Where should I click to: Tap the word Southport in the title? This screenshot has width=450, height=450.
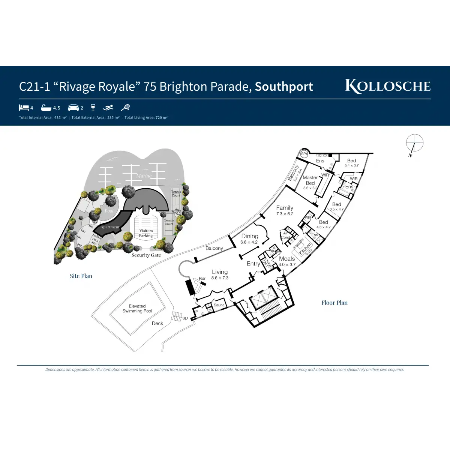[x=284, y=87]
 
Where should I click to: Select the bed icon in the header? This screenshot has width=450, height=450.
[x=24, y=108]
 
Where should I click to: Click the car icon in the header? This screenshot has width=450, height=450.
[x=73, y=108]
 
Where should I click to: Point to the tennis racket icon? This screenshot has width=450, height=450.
[x=125, y=108]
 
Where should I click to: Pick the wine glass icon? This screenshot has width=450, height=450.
[x=93, y=108]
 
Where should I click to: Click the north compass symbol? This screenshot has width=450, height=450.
[x=414, y=143]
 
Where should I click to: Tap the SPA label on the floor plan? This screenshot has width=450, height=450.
[x=304, y=154]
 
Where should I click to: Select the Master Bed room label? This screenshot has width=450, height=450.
[x=310, y=180]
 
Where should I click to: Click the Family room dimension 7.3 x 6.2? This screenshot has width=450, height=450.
[x=285, y=214]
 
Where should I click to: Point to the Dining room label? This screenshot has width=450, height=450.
[x=250, y=236]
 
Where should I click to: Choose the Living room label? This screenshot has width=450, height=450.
[x=220, y=272]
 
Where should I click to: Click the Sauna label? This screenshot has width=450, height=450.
[x=219, y=305]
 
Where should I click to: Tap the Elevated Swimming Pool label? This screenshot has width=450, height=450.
[x=137, y=309]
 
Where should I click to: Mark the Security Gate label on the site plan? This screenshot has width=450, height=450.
[x=146, y=255]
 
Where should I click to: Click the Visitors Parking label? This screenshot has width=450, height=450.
[x=146, y=233]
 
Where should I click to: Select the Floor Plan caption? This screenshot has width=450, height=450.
[x=334, y=303]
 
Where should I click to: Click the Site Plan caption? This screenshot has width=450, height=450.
[x=81, y=276]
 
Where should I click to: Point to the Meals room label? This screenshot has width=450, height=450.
[x=287, y=259]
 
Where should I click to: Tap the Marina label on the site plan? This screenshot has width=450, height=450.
[x=144, y=175]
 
